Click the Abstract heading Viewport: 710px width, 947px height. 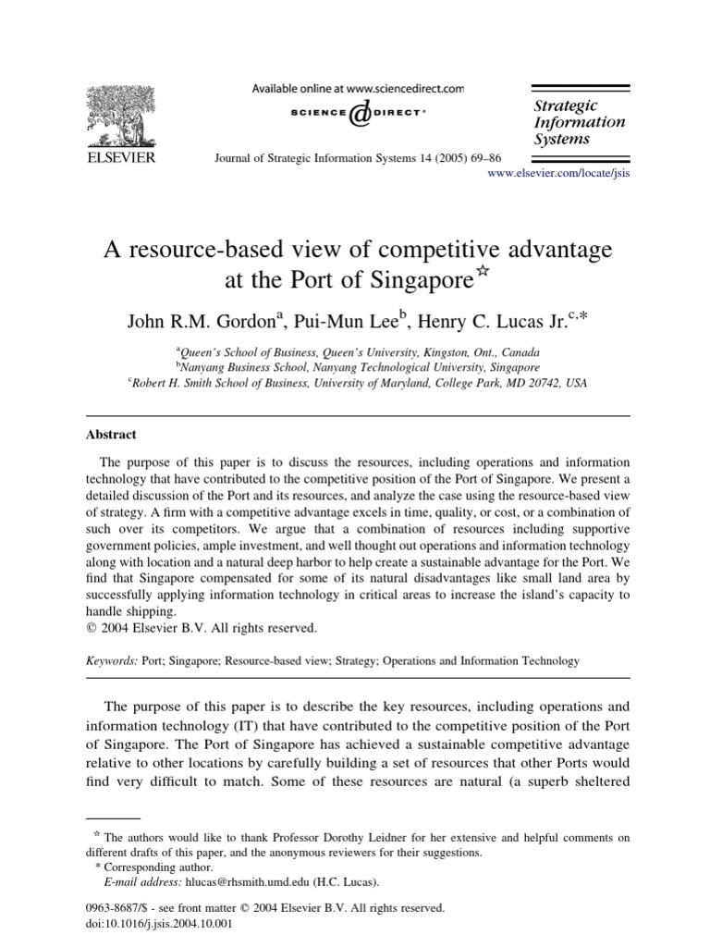(111, 434)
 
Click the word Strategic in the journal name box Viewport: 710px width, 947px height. (566, 105)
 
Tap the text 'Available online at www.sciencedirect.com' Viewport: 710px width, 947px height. (359, 89)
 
